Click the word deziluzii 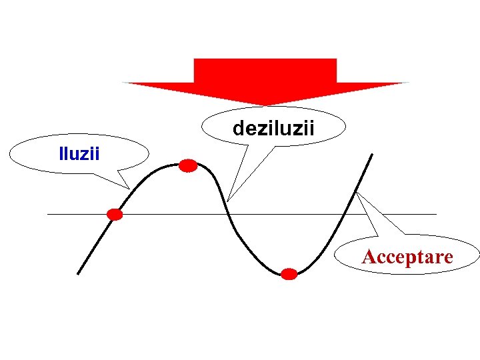tap(273, 127)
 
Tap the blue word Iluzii tap(79, 155)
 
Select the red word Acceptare tap(407, 257)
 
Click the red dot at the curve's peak tap(189, 166)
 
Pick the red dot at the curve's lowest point tap(289, 274)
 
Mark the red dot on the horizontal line tap(115, 214)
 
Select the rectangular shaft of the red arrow tap(265, 70)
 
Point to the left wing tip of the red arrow tap(123, 83)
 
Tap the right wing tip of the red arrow tap(407, 83)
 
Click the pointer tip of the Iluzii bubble tap(129, 189)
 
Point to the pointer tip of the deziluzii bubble tap(228, 201)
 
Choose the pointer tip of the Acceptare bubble tap(357, 193)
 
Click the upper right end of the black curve tap(371, 155)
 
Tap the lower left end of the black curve tap(78, 273)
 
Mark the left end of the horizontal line tap(48, 214)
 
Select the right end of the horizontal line tap(436, 214)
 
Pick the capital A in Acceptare tap(368, 257)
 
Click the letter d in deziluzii tap(237, 127)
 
